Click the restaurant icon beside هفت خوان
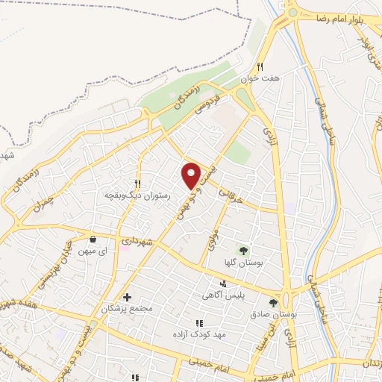[260, 66]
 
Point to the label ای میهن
[93, 252]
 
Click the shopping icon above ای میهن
[93, 239]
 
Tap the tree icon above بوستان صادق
[274, 303]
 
